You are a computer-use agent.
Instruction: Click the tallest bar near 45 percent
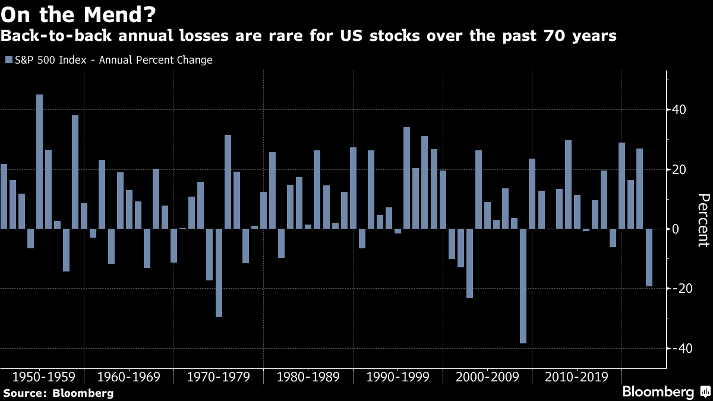(39, 162)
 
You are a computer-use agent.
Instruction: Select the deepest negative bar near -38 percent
(523, 286)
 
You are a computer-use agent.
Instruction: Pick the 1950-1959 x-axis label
(43, 377)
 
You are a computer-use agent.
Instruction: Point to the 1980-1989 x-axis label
(308, 377)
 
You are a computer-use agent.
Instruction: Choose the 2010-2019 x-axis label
(576, 377)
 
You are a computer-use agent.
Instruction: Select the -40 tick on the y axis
(677, 348)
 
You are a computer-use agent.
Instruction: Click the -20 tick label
(677, 289)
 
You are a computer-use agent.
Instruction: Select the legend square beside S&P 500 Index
(8, 60)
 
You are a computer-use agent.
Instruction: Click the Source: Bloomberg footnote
(58, 393)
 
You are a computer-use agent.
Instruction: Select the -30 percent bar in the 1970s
(219, 273)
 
